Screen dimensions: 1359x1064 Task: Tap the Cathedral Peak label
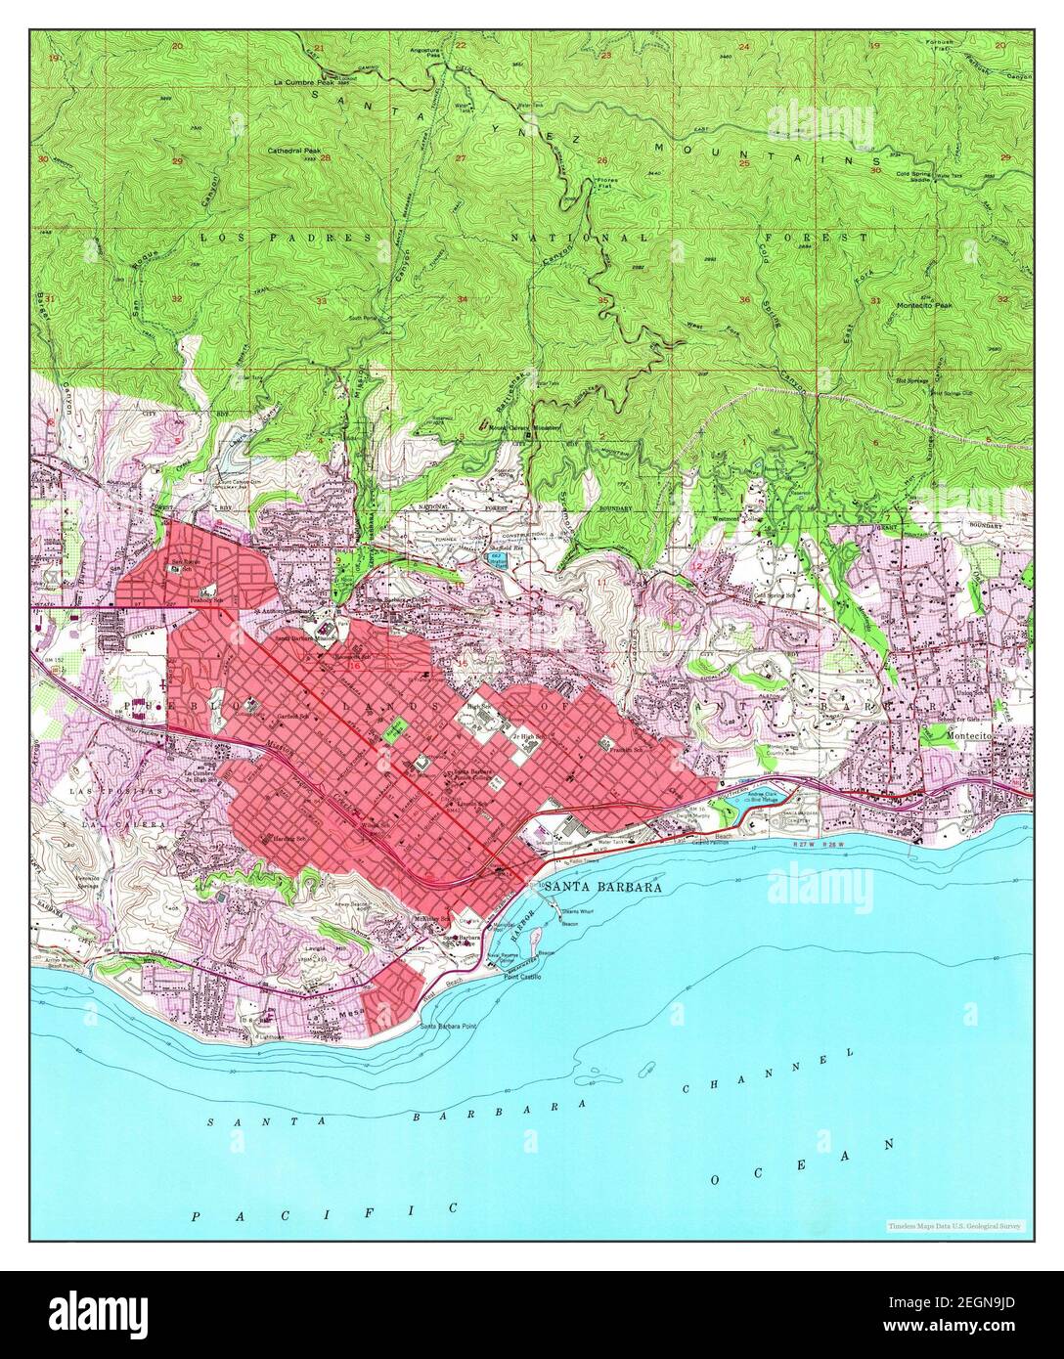point(294,152)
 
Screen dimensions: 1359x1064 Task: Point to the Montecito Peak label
point(923,306)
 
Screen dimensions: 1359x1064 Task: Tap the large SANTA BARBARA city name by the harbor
point(602,887)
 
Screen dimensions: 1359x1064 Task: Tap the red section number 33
point(321,300)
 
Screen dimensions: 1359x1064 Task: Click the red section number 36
point(745,300)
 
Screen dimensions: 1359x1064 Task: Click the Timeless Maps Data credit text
point(954,1225)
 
